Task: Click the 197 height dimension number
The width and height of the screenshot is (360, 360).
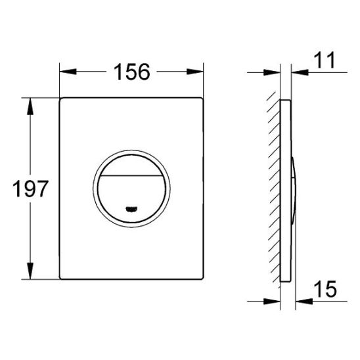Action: click(x=28, y=191)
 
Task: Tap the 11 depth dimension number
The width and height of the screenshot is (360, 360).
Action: click(x=325, y=61)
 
